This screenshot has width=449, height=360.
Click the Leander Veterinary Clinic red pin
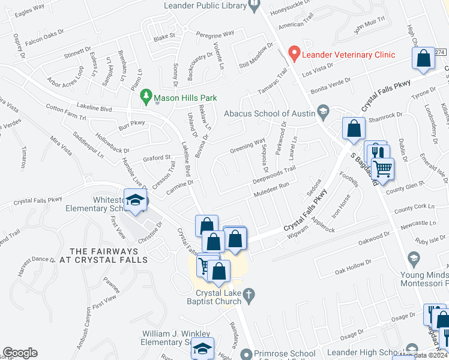[x=294, y=54]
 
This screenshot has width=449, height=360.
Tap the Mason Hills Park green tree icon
[x=145, y=96]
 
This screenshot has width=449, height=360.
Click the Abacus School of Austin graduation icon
[x=324, y=112]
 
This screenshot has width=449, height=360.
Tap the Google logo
[x=19, y=353]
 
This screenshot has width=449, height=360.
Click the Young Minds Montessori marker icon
[x=414, y=259]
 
